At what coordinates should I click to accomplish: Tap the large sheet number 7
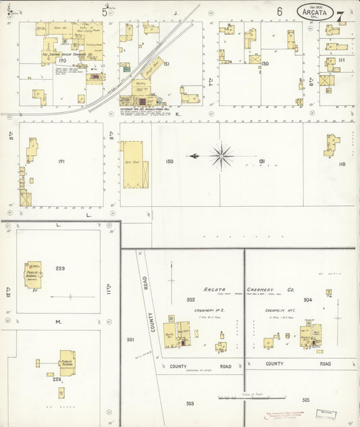(341, 16)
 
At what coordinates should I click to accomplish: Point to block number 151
(166, 64)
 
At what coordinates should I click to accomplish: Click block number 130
(265, 64)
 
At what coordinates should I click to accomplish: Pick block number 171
(61, 161)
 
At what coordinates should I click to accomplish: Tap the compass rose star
(221, 156)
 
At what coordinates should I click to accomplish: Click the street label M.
(59, 322)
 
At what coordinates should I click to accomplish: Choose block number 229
(60, 269)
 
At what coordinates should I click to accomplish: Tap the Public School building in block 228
(67, 362)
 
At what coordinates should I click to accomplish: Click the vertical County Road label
(153, 321)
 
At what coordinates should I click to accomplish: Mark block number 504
(307, 299)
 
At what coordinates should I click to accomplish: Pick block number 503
(190, 403)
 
